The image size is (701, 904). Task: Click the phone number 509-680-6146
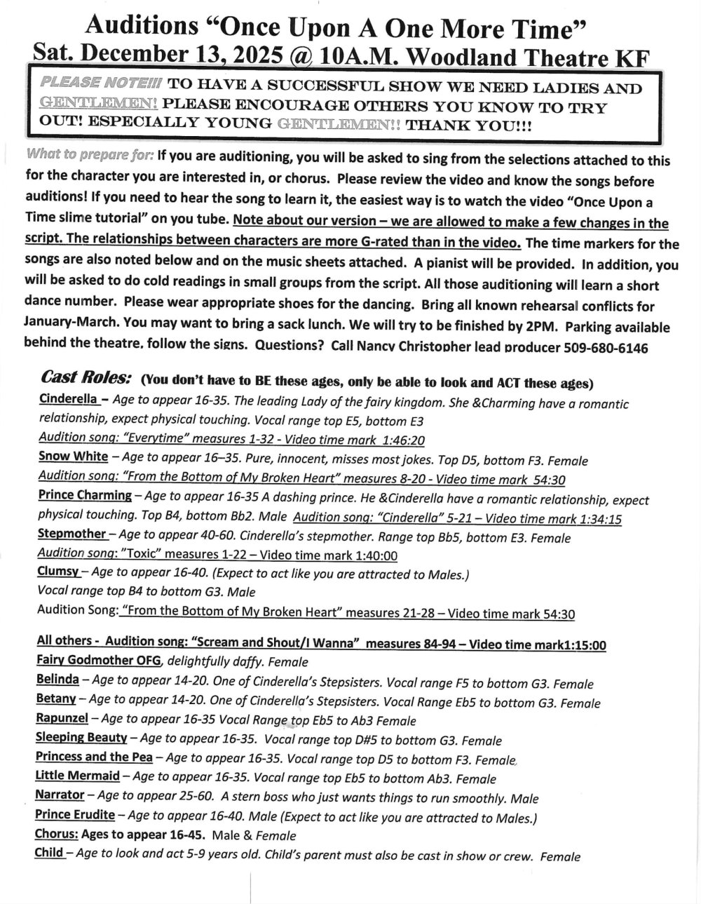pos(606,348)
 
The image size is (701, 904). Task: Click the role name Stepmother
pos(72,534)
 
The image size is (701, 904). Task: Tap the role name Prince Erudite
pos(74,815)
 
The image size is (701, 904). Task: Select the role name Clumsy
pos(60,573)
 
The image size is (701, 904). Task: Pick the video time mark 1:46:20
pos(397,441)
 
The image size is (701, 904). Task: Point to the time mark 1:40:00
pos(371,555)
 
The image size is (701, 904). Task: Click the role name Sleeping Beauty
pos(81,738)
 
